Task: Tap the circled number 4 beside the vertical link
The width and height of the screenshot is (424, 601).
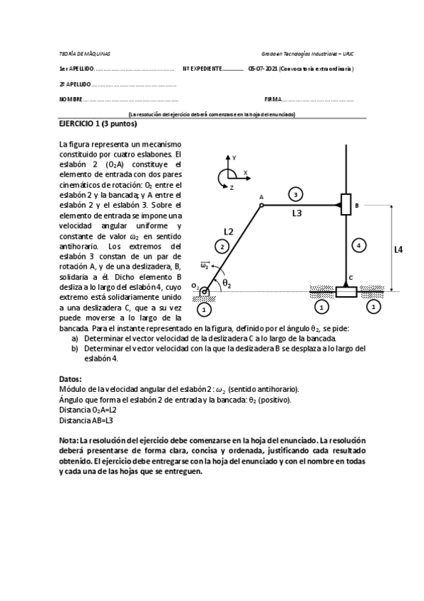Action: (360, 245)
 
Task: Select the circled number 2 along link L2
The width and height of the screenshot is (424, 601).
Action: (222, 246)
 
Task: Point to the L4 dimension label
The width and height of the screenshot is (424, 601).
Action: (399, 249)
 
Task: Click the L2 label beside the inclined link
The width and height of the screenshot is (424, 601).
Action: (228, 231)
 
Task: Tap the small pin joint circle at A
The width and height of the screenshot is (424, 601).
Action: (261, 206)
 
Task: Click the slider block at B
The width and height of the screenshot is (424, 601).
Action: (345, 206)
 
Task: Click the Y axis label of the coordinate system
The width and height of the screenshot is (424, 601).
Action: (234, 157)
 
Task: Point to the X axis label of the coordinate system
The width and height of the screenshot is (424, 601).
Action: (245, 172)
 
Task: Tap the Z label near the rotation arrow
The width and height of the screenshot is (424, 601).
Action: (231, 187)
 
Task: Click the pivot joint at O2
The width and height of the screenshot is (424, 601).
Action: (205, 291)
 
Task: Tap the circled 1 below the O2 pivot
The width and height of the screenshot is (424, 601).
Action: (205, 309)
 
